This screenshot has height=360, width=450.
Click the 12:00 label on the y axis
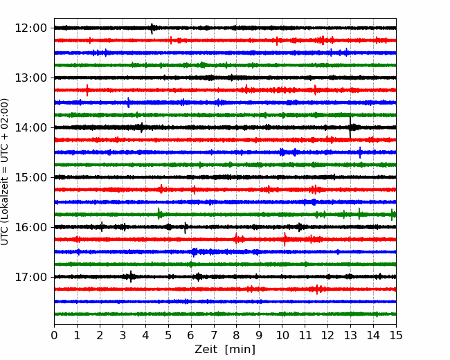(x=30, y=28)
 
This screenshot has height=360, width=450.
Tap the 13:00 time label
(x=30, y=78)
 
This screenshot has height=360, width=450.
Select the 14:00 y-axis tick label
(x=30, y=127)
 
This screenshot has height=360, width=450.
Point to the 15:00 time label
(x=30, y=177)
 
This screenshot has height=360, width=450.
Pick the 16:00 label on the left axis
(x=30, y=227)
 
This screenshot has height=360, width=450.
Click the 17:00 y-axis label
(x=30, y=277)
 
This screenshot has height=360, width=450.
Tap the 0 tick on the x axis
(x=54, y=335)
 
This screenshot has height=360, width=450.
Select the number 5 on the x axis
(x=168, y=335)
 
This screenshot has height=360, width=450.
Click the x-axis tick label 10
(x=282, y=335)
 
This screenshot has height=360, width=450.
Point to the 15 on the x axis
(x=396, y=335)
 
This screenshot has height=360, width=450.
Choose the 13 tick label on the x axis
(x=350, y=335)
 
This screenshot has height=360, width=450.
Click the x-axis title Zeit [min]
(x=225, y=350)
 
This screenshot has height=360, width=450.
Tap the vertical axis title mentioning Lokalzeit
(x=5, y=172)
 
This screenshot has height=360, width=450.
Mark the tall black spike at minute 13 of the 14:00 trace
(x=350, y=127)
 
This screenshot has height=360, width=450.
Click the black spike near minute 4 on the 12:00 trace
(x=152, y=28)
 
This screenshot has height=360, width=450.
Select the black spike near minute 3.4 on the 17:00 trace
(x=131, y=277)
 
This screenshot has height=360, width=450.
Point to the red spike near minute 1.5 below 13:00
(x=87, y=90)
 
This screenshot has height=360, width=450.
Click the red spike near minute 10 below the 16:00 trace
(x=285, y=239)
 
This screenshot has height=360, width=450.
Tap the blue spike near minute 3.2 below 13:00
(x=128, y=102)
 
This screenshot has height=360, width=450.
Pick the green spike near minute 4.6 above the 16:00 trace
(x=159, y=214)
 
